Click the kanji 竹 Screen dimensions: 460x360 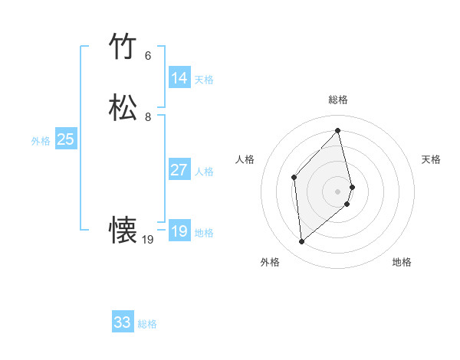coord(123,47)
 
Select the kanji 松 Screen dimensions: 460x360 coord(123,108)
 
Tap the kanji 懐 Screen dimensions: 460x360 coord(123,231)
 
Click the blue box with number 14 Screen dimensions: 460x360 coord(179,78)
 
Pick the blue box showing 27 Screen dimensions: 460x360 coord(179,170)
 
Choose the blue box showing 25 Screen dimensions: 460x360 coord(65,139)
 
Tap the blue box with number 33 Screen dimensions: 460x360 coord(123,322)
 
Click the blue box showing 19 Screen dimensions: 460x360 coord(179,231)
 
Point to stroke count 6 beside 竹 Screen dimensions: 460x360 coord(148,56)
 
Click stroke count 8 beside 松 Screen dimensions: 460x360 coord(148,117)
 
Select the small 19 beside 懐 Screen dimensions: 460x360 coord(148,240)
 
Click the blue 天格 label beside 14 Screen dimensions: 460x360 coord(204,80)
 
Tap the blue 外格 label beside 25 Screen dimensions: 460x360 coord(41,141)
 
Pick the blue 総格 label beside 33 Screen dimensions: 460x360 coord(147,324)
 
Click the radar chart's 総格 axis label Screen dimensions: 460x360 coord(338,100)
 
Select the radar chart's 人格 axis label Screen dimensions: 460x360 coord(245,159)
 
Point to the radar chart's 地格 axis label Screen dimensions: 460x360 coord(402,262)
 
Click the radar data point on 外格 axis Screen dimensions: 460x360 coord(302,242)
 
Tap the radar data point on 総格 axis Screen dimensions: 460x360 coord(338,130)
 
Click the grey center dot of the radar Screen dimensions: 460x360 coord(338,190)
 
